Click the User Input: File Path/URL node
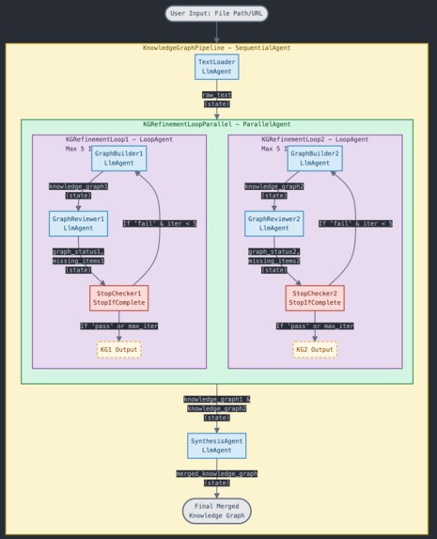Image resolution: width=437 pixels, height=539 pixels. tap(216, 13)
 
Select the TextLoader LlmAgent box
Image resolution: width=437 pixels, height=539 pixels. tap(216, 67)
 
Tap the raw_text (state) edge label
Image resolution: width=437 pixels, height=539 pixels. tap(216, 99)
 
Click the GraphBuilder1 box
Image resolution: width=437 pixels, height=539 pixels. tap(118, 158)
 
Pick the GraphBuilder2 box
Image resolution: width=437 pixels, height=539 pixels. tap(315, 158)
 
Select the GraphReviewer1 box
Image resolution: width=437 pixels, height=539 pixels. tap(78, 223)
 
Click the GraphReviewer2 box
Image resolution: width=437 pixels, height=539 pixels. tap(274, 223)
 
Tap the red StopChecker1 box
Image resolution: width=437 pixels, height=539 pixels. tap(118, 297)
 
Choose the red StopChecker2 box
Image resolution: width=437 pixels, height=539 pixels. tap(315, 297)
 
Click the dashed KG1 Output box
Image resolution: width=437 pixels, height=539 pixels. tap(118, 349)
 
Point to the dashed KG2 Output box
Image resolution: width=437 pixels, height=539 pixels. tap(315, 349)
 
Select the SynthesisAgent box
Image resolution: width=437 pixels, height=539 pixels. tap(216, 445)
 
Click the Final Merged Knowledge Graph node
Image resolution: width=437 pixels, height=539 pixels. tap(216, 511)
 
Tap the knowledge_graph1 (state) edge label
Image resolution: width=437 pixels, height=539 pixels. tap(78, 191)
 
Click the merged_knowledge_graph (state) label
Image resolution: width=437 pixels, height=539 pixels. tap(216, 478)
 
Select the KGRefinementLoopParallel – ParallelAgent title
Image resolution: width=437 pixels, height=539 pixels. tap(216, 124)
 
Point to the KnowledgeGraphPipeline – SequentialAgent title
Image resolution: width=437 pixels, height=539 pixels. tap(216, 48)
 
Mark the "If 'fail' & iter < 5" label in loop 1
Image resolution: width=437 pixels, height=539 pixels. tap(159, 223)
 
